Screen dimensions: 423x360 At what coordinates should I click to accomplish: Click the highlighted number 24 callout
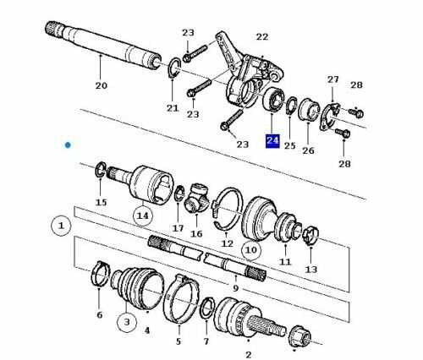(x=272, y=141)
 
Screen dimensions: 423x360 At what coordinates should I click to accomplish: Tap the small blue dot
(x=68, y=145)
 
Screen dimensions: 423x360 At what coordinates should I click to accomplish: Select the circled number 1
(x=61, y=226)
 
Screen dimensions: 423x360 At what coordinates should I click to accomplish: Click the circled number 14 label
(x=142, y=215)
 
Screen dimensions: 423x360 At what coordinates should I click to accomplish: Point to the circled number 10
(x=251, y=250)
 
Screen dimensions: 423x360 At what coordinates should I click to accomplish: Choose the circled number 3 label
(x=127, y=322)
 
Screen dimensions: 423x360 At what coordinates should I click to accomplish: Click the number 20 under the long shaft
(x=102, y=85)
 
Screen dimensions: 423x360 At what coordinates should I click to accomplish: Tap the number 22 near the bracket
(x=262, y=36)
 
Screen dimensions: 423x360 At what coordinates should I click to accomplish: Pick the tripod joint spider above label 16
(x=196, y=199)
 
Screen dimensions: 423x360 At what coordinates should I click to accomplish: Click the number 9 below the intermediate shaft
(x=236, y=288)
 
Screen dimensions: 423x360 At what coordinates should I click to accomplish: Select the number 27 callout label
(x=332, y=79)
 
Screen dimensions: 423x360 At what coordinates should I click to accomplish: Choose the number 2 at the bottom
(x=249, y=354)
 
